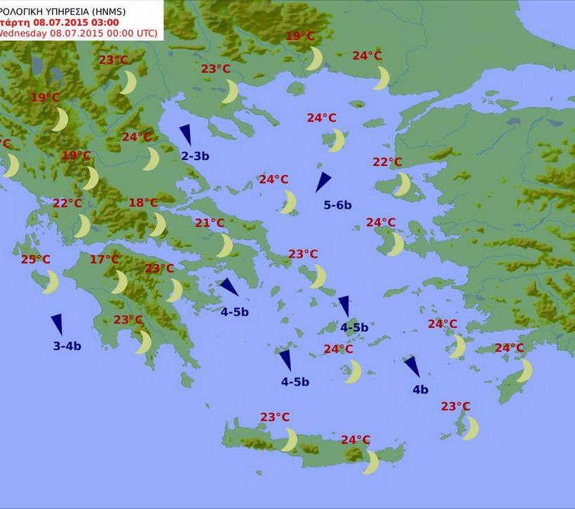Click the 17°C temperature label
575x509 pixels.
pyautogui.click(x=104, y=260)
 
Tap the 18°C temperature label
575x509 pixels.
pyautogui.click(x=143, y=203)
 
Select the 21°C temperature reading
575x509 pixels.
pyautogui.click(x=210, y=223)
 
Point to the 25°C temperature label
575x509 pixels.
pyautogui.click(x=36, y=260)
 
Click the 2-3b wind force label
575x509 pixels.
pyautogui.click(x=195, y=156)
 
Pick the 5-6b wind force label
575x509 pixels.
pyautogui.click(x=337, y=205)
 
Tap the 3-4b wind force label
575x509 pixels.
pyautogui.click(x=67, y=346)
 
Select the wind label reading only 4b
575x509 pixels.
pyautogui.click(x=420, y=390)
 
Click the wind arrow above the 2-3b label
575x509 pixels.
pyautogui.click(x=186, y=134)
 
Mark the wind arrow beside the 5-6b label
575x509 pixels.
pyautogui.click(x=323, y=182)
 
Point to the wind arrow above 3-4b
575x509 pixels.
pyautogui.click(x=57, y=324)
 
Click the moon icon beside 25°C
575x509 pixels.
pyautogui.click(x=51, y=282)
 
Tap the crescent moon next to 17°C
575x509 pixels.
pyautogui.click(x=120, y=282)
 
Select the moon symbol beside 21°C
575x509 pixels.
pyautogui.click(x=224, y=246)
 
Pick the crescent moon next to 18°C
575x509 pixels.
pyautogui.click(x=158, y=225)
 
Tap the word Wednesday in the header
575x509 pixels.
pyautogui.click(x=22, y=33)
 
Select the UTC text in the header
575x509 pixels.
pyautogui.click(x=144, y=33)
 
